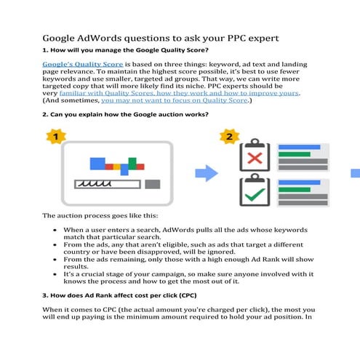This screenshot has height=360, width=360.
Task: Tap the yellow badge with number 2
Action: [x=228, y=136]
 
